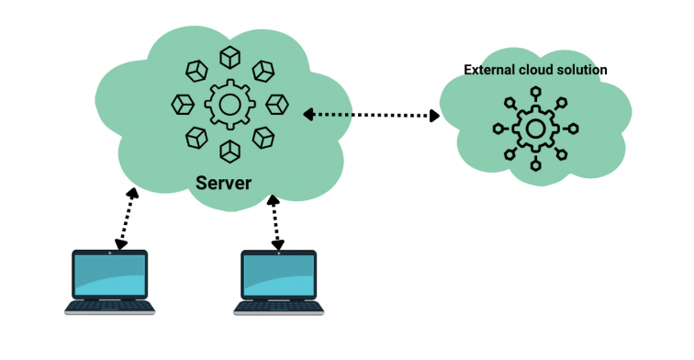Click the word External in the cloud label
point(488,70)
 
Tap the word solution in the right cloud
point(582,70)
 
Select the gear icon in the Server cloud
point(227,104)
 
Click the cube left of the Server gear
point(181,104)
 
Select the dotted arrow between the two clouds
point(372,115)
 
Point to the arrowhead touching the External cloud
point(435,116)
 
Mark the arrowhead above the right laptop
point(276,244)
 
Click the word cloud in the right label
point(535,70)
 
